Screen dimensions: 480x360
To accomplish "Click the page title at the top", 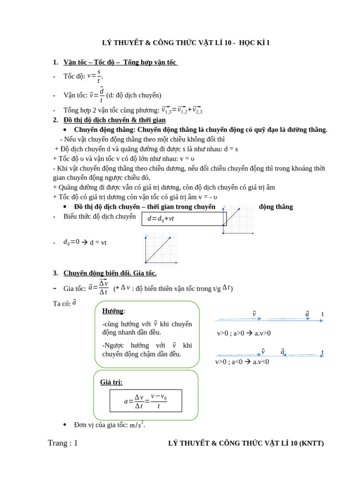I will coord(186,43).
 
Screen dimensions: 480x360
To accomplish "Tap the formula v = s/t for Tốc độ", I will coord(95,76).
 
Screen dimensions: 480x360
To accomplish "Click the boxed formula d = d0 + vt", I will coord(184,218).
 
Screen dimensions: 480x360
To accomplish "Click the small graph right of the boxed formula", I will coord(238,219).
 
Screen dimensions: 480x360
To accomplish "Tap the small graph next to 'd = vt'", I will coord(159,249).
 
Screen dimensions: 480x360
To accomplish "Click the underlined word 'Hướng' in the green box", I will coord(113,311).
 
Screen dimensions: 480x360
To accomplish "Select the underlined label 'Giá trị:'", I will coord(111,382).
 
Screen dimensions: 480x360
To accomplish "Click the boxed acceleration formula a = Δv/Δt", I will coord(146,401).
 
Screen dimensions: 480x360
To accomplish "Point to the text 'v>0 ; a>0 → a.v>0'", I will coord(243,333).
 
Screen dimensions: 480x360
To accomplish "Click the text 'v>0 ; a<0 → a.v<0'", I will coord(242,362).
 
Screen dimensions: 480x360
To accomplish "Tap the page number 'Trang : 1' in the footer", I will coord(63,443).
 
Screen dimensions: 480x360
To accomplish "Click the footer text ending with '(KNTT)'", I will coord(246,443).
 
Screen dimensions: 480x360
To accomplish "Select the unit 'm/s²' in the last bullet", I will coord(137,425).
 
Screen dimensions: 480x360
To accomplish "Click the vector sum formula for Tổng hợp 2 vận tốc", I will coord(182,110).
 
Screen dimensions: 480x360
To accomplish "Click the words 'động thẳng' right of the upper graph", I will coord(276,207).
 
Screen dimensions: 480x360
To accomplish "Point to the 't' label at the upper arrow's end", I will coord(322,314).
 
